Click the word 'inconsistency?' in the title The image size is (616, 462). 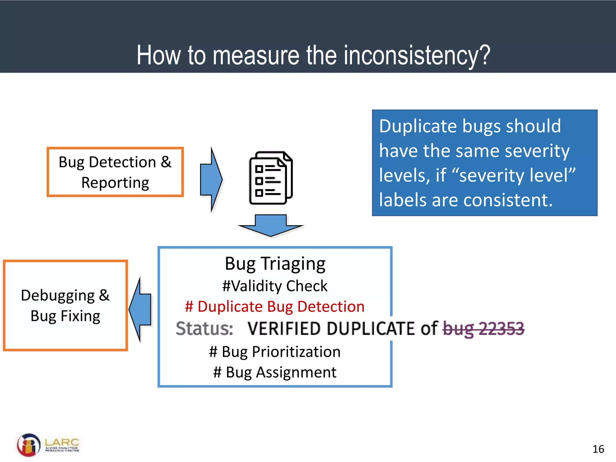[417, 55]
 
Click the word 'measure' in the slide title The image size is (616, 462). [256, 55]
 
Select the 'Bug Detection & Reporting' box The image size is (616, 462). [115, 172]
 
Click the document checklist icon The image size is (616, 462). [270, 178]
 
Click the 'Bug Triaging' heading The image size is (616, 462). [275, 264]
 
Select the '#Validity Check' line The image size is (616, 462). [275, 286]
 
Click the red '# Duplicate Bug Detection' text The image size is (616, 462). [275, 307]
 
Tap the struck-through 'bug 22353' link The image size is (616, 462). [483, 328]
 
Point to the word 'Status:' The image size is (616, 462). [205, 328]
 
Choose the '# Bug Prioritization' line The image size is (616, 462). [275, 352]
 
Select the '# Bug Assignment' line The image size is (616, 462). [275, 372]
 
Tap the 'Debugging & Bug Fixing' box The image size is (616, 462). [65, 305]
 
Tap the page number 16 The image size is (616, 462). [598, 449]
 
